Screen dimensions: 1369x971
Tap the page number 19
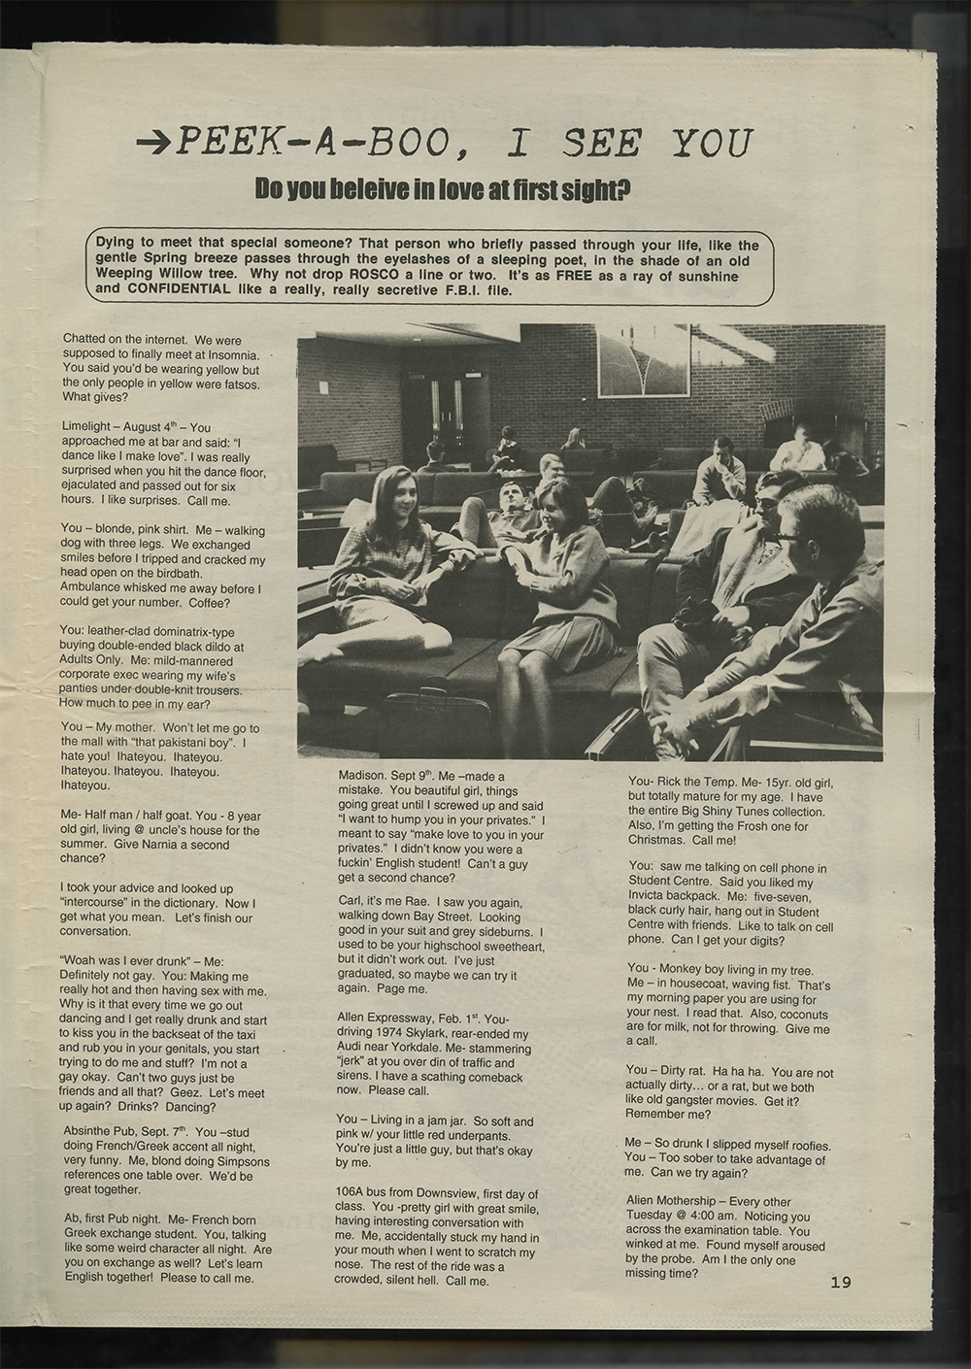[841, 1283]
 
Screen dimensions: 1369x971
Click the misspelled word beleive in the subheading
[356, 190]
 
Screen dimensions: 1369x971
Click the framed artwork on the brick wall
[642, 358]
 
